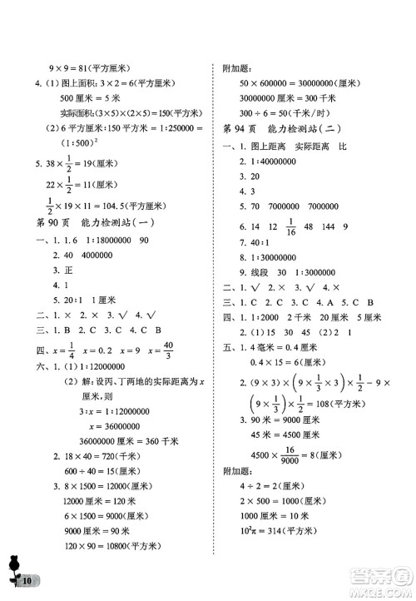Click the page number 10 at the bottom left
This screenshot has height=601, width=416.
[27, 579]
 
